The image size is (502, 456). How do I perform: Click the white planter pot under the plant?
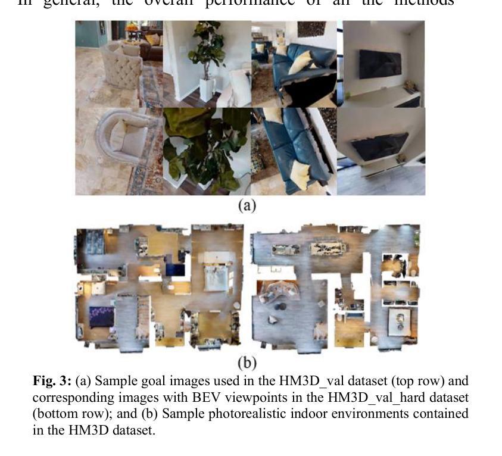pyautogui.click(x=207, y=90)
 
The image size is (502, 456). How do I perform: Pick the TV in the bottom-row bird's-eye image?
pyautogui.click(x=380, y=146)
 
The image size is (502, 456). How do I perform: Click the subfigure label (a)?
pyautogui.click(x=247, y=206)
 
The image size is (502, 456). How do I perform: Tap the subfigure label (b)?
pyautogui.click(x=247, y=361)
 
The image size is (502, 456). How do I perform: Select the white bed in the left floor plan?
pyautogui.click(x=215, y=270)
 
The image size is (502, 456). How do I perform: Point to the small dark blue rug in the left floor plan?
pyautogui.click(x=175, y=270)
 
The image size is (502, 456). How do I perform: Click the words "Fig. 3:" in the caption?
pyautogui.click(x=52, y=380)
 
